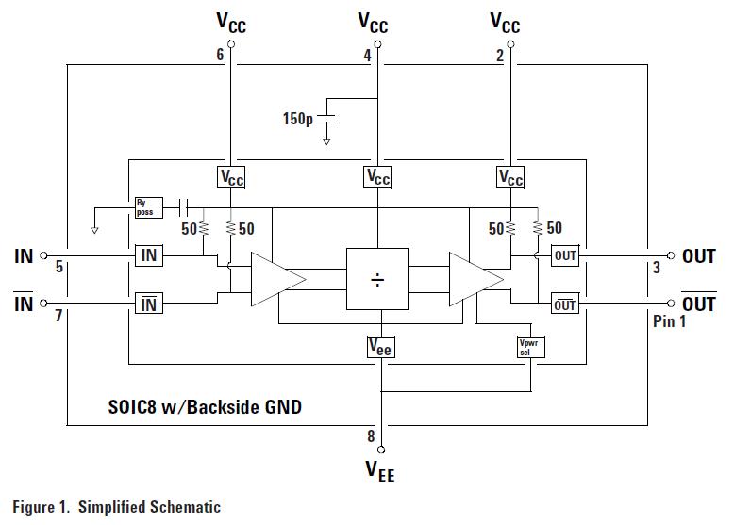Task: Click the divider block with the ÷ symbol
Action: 377,279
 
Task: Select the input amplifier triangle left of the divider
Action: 275,279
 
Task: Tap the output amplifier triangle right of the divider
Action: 474,279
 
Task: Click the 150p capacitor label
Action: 298,120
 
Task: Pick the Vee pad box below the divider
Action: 380,348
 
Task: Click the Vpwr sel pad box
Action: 531,347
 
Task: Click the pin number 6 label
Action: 220,56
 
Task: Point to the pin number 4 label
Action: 367,56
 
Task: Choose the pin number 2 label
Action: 499,56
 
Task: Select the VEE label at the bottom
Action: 380,471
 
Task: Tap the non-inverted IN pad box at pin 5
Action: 149,255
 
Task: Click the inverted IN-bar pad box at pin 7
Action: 149,304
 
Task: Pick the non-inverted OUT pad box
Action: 564,255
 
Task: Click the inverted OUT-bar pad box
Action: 564,304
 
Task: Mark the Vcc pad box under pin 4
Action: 377,177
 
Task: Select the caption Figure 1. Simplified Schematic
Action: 117,507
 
